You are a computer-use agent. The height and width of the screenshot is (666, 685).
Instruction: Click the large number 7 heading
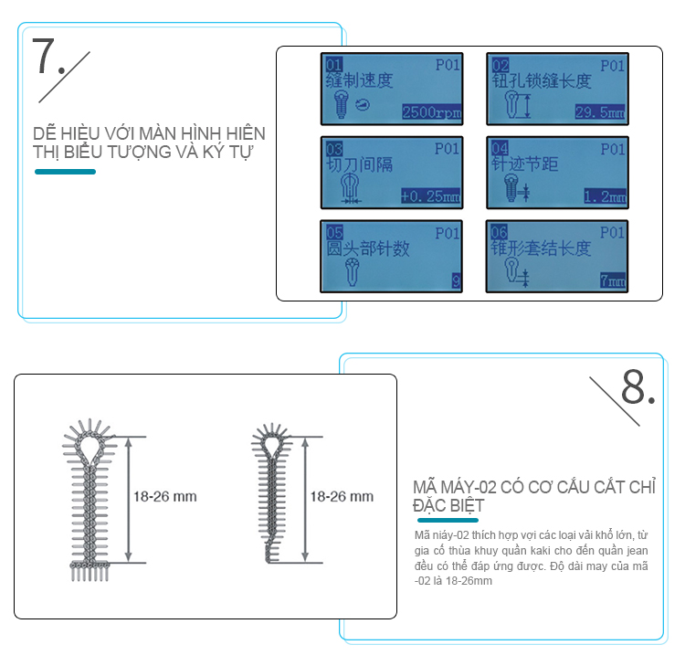[43, 56]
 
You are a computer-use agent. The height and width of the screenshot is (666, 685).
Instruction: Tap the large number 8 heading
[633, 386]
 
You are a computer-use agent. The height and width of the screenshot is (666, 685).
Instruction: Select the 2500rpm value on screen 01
[432, 112]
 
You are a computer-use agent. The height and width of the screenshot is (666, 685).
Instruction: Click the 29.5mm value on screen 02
[600, 112]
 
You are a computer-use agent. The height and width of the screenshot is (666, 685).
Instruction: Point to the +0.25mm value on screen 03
[430, 196]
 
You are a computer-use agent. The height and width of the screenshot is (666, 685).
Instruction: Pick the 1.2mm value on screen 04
[605, 196]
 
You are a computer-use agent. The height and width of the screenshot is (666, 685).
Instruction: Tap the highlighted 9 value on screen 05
[456, 280]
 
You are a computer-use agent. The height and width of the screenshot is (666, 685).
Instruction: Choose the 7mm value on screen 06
[613, 280]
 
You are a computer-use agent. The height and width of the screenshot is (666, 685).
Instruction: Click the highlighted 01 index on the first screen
[334, 65]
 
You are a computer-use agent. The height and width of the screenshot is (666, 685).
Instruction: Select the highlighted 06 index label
[499, 232]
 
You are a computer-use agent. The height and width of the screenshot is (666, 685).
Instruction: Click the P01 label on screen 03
[447, 149]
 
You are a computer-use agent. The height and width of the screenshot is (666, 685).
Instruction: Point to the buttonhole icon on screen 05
[352, 272]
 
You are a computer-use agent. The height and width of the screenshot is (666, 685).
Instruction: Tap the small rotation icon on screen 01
[363, 104]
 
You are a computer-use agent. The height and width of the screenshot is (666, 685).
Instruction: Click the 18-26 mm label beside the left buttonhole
[164, 496]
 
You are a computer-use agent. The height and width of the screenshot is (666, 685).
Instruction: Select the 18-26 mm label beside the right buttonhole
[342, 496]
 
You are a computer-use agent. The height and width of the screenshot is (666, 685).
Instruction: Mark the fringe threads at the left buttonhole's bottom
[90, 572]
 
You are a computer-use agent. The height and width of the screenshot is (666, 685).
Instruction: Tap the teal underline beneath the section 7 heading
[65, 172]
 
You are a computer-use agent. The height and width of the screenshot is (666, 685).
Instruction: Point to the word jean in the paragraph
[638, 551]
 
